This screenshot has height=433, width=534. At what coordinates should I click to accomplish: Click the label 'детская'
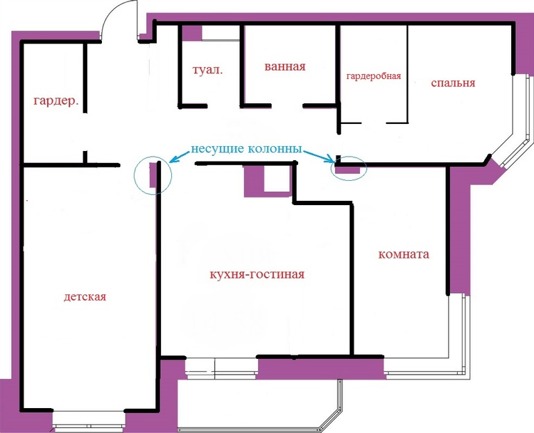click(x=85, y=297)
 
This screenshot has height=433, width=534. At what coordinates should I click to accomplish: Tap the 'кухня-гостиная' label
click(x=257, y=274)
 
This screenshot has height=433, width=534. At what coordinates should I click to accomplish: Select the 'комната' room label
click(x=404, y=254)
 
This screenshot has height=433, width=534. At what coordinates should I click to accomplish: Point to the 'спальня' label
click(x=453, y=83)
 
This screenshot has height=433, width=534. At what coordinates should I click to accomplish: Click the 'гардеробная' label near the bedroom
click(x=374, y=76)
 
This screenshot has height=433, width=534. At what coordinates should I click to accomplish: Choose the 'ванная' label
click(x=285, y=67)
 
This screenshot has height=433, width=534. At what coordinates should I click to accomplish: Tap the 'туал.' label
click(x=208, y=70)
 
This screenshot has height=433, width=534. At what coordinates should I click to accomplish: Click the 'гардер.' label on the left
click(x=56, y=101)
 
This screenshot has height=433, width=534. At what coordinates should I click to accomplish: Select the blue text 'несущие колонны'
click(x=246, y=149)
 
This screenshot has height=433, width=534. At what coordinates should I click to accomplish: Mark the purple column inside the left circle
click(x=153, y=175)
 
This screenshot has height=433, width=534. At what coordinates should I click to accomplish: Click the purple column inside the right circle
click(x=347, y=170)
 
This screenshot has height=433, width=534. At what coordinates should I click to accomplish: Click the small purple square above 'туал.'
click(x=192, y=33)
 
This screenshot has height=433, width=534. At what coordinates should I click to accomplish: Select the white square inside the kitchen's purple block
click(x=277, y=179)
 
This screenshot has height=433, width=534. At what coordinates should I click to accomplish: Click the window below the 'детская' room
click(x=89, y=421)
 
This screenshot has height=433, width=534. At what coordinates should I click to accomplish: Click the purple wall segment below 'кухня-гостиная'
click(x=320, y=369)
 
